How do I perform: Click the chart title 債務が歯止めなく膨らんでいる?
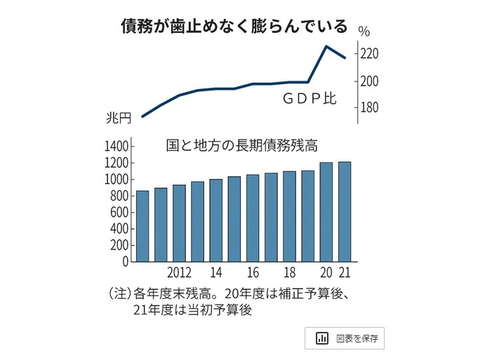[234, 27]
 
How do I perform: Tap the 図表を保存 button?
[345, 338]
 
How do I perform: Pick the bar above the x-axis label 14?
[215, 220]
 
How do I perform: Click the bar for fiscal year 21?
[345, 212]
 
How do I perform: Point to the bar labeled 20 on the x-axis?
[326, 212]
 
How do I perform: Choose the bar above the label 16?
[253, 218]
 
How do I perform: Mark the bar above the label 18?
[289, 216]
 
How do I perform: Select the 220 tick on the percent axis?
[370, 54]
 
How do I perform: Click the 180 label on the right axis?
[370, 108]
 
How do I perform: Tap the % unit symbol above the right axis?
[364, 31]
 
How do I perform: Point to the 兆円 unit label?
[118, 117]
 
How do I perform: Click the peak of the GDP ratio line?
[326, 46]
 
